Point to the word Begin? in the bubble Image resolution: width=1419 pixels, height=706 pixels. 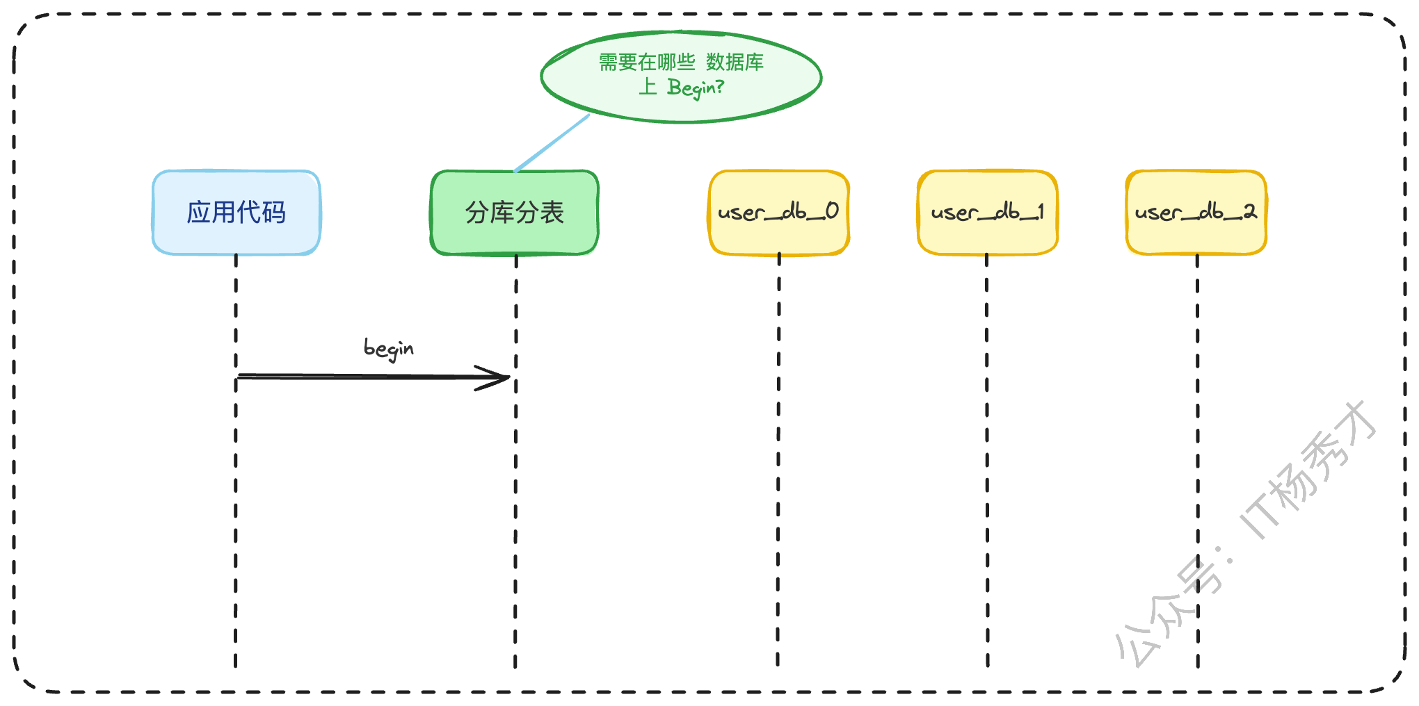pos(695,88)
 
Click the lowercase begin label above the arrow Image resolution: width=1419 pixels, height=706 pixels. pos(388,348)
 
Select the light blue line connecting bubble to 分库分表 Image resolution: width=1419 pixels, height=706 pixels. pos(552,143)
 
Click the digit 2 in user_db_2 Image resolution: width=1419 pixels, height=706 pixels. pos(1250,211)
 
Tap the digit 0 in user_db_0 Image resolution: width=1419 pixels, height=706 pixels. pos(832,211)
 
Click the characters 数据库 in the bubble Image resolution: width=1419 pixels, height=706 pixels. pos(735,63)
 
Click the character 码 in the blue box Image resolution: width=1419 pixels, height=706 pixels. pos(273,213)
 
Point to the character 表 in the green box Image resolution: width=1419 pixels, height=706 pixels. pos(552,213)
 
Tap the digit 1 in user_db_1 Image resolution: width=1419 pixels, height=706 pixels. pos(1040,211)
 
